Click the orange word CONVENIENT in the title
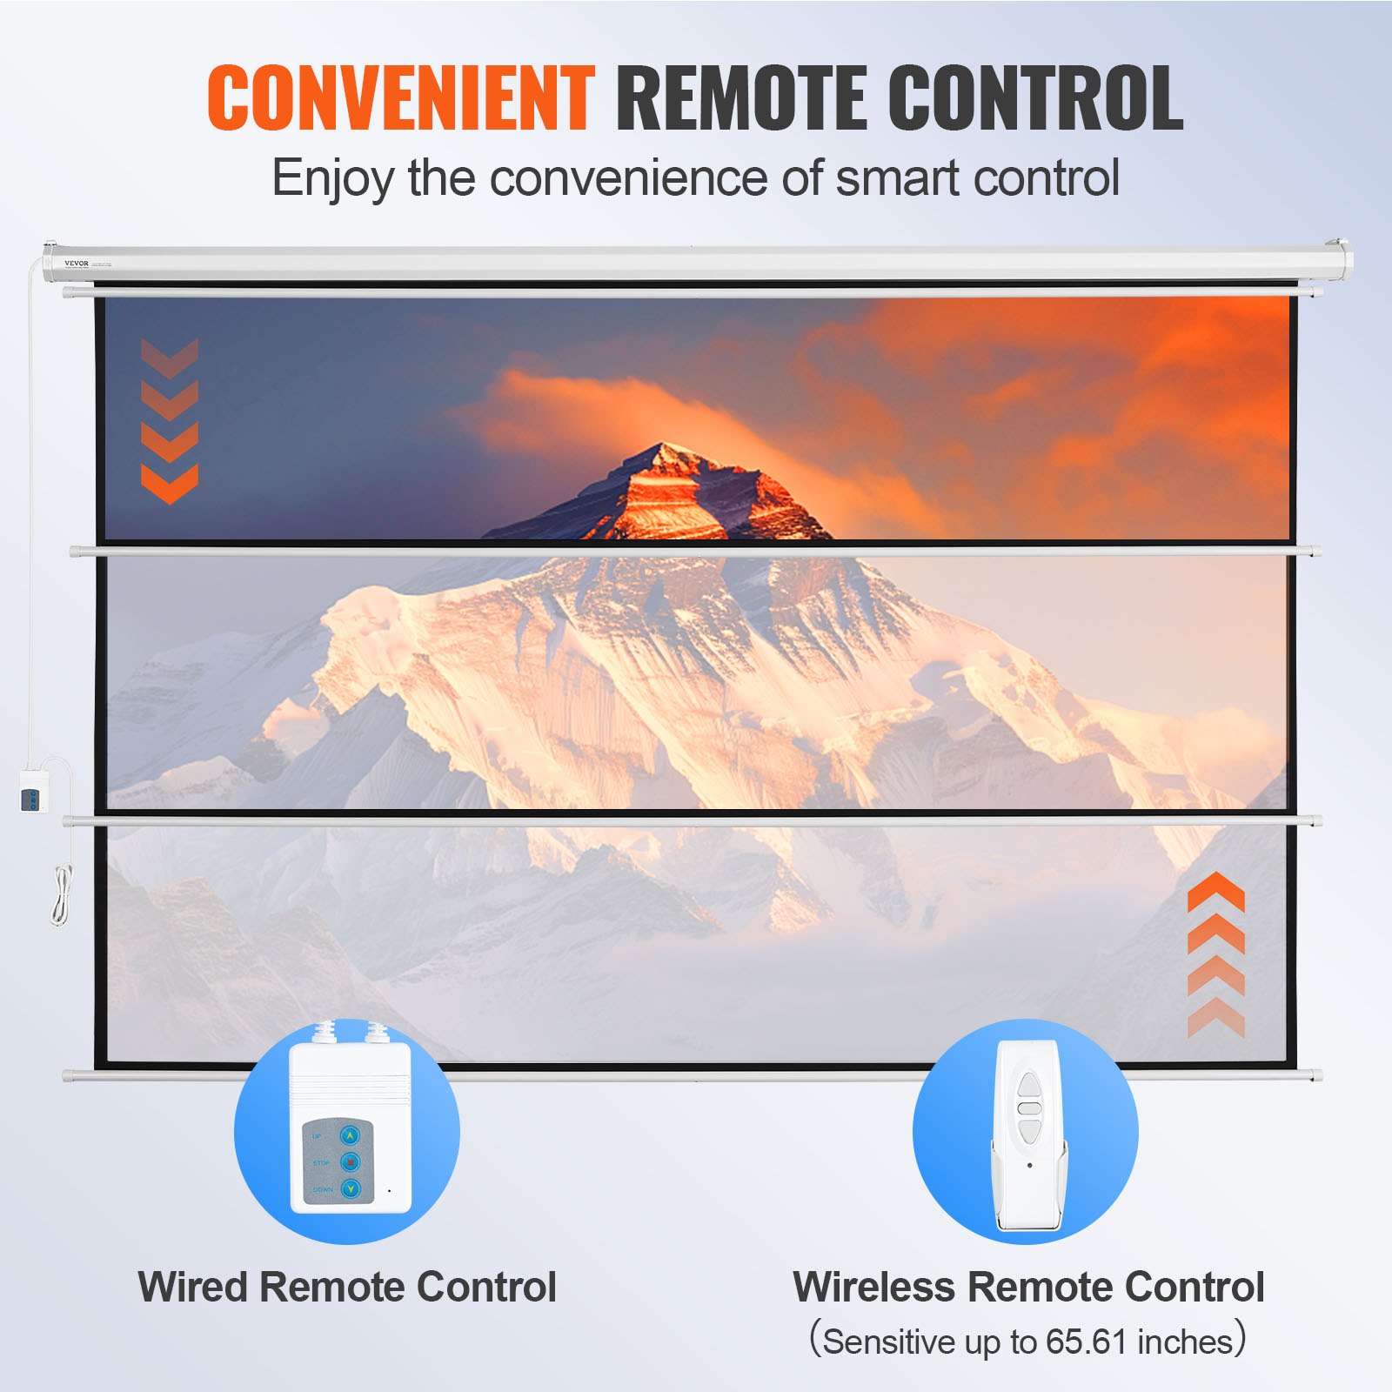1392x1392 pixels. pos(401,97)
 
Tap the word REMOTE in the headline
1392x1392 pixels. pos(740,97)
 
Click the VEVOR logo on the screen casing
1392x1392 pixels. pos(77,263)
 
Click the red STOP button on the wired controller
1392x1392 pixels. pos(351,1161)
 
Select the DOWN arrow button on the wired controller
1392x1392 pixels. pos(351,1188)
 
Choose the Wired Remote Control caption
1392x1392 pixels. pos(347,1287)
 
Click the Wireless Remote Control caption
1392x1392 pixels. pos(1028,1287)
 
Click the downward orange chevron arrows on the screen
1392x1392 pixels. pos(170,421)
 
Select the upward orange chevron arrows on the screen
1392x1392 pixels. pos(1215,955)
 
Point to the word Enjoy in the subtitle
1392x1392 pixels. pos(332,178)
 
